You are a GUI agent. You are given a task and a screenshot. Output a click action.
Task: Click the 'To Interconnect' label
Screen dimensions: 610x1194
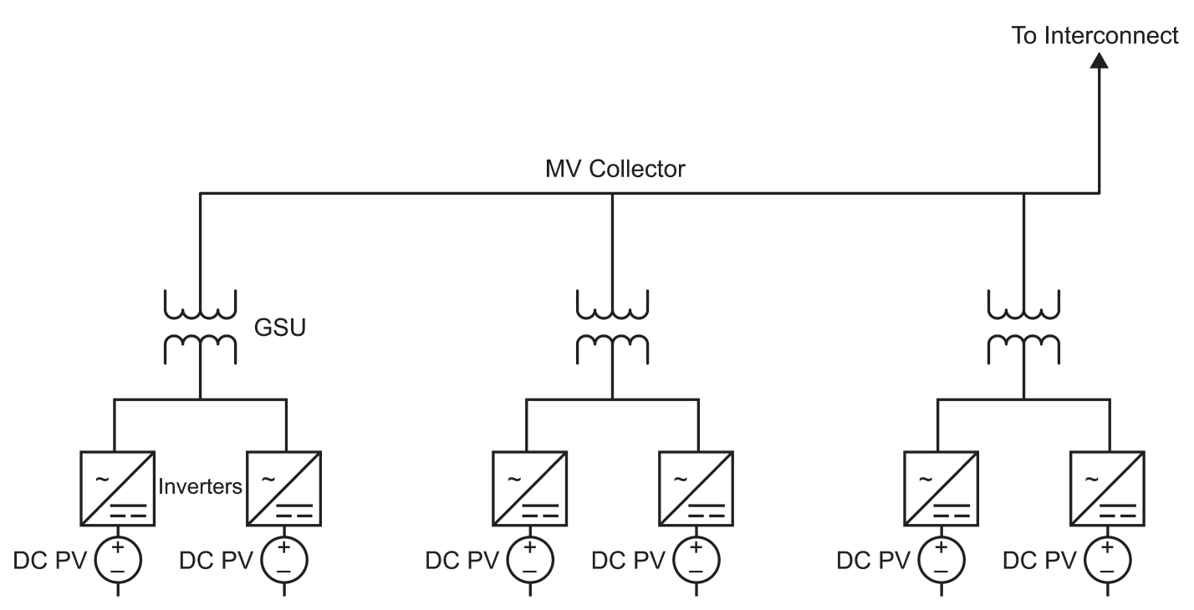[1096, 37]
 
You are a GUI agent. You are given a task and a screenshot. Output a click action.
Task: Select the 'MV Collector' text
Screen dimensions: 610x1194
[613, 170]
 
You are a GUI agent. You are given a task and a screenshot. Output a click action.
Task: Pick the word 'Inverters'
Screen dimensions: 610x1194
[201, 486]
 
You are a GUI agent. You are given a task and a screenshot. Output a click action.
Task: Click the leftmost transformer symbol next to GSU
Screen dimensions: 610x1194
[200, 326]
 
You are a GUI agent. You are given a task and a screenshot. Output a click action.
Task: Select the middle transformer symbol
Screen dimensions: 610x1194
[613, 326]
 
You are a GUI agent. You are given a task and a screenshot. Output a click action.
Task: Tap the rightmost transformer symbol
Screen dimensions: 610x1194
[1025, 326]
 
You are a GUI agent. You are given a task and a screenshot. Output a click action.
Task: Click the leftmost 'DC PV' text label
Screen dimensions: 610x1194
[49, 559]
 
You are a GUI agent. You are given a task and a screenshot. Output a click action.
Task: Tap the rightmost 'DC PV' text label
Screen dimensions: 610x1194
[1040, 559]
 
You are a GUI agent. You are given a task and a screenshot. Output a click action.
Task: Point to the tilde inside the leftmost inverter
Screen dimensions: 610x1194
[101, 479]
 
